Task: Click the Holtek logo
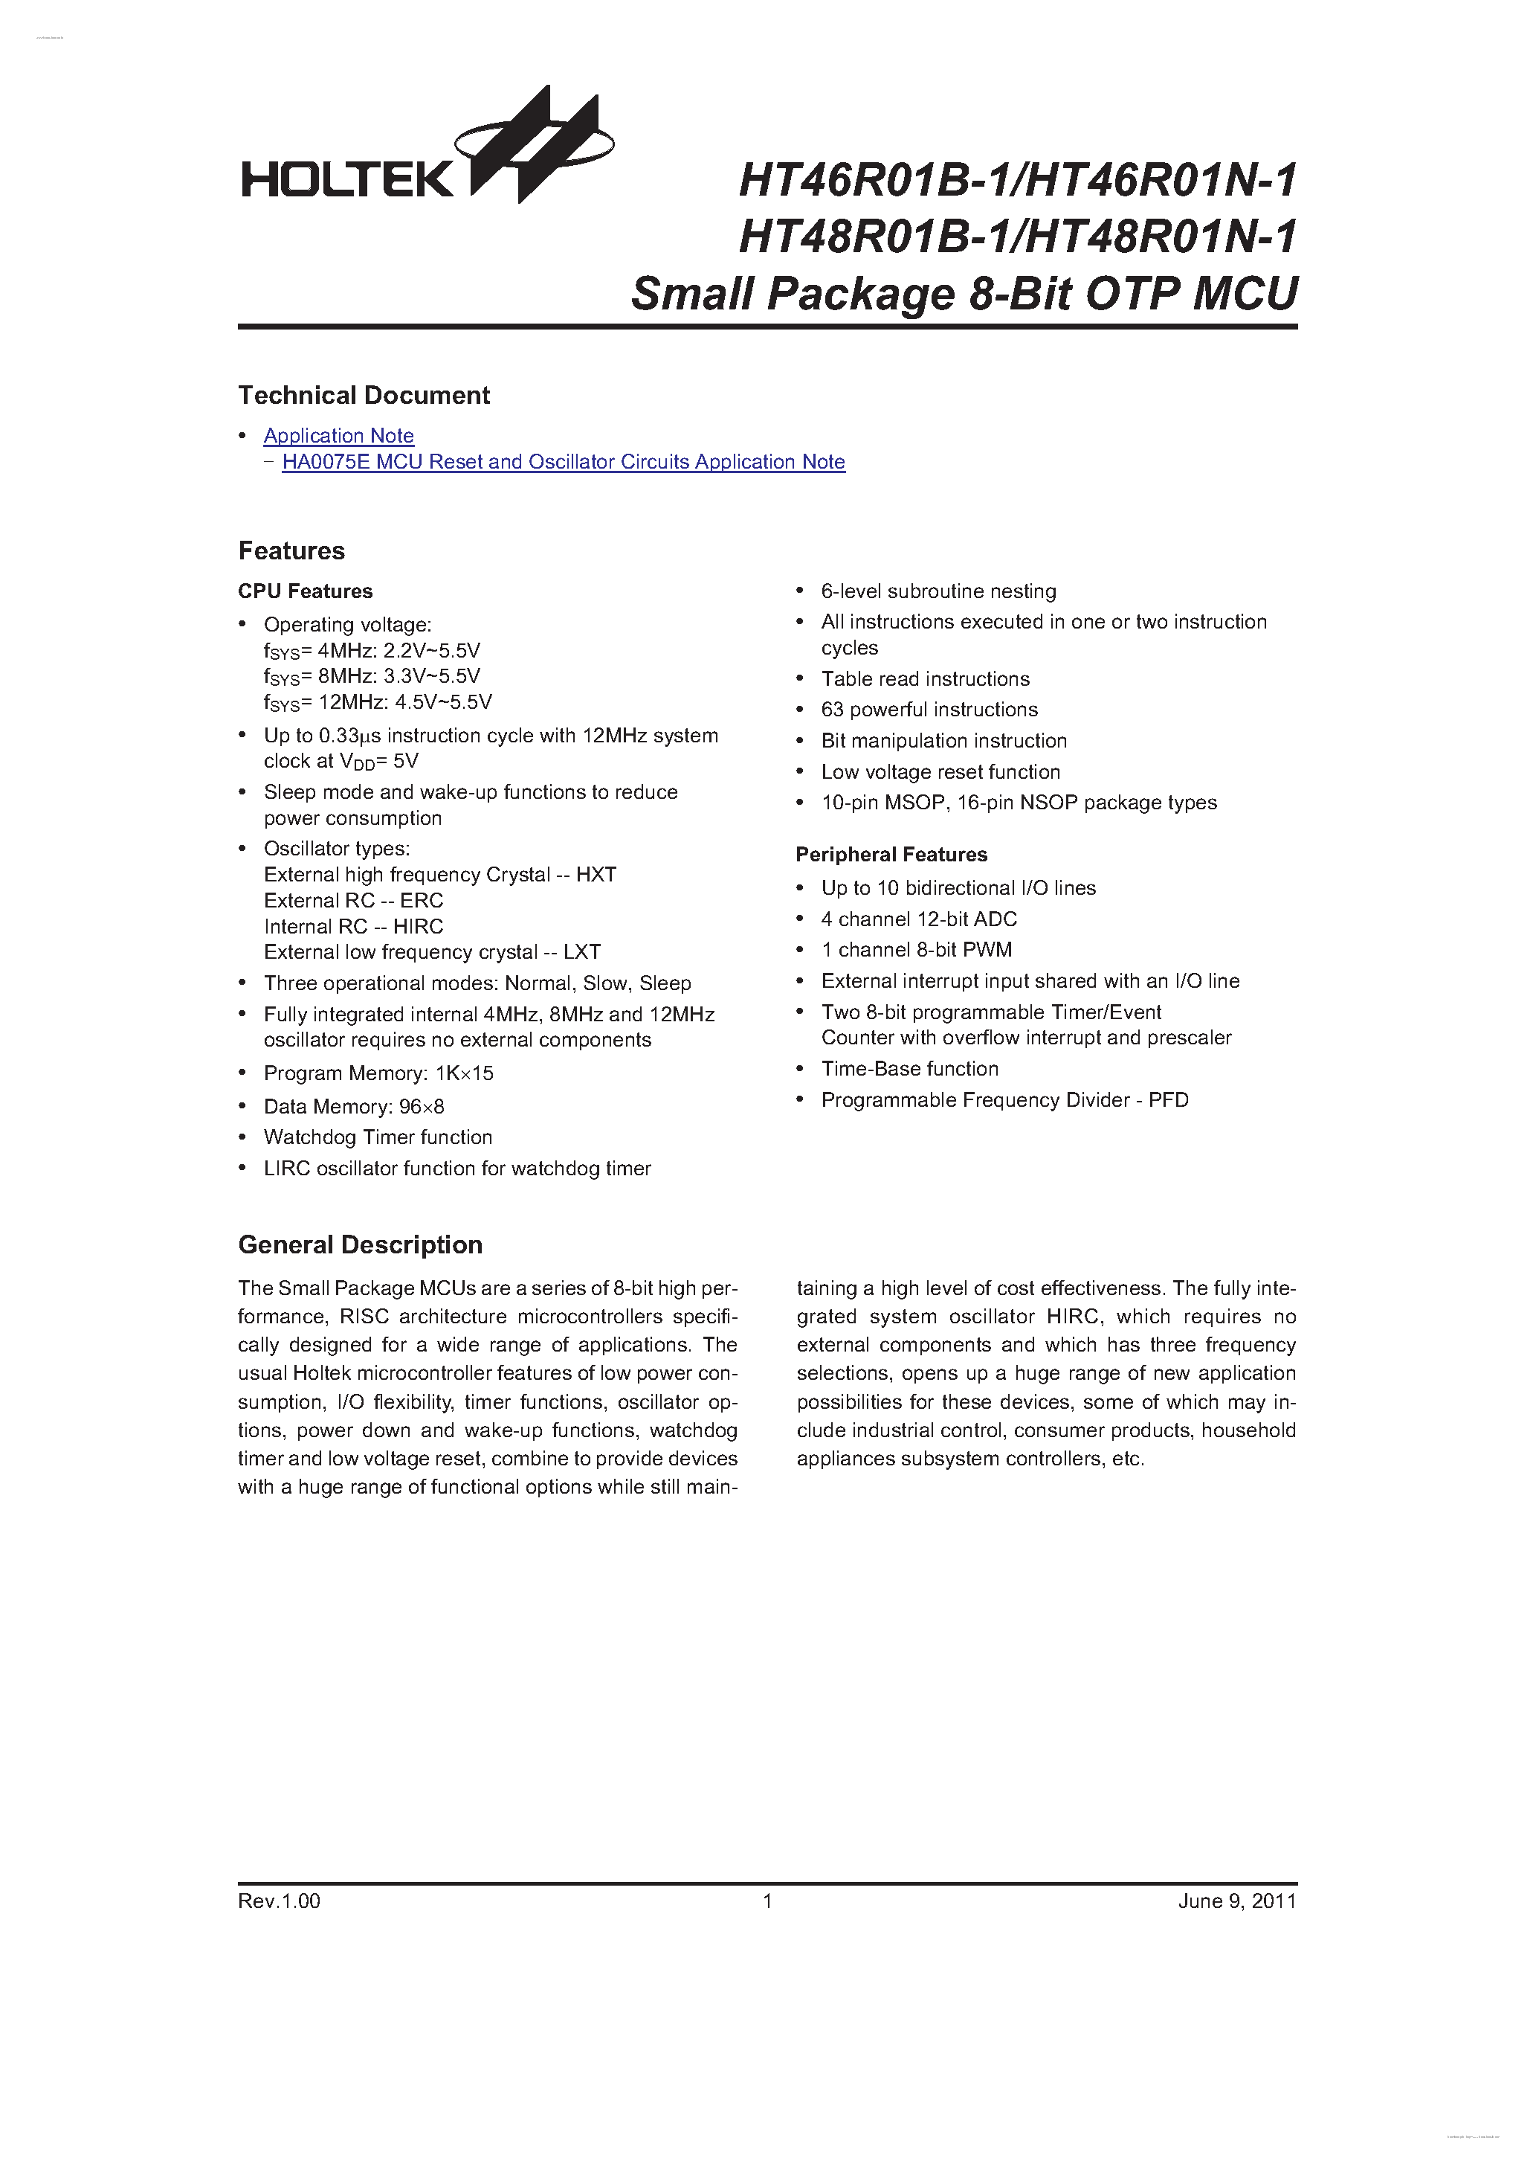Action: (426, 152)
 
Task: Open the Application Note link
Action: (338, 436)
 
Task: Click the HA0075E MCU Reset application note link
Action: (563, 462)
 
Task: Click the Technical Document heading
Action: (364, 395)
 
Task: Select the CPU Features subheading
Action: (305, 591)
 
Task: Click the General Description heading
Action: (360, 1244)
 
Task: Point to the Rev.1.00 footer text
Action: (280, 1901)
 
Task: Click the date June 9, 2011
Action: (1236, 1901)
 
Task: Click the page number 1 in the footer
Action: (768, 1901)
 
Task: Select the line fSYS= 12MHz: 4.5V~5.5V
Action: (378, 703)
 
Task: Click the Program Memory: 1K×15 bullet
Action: (378, 1073)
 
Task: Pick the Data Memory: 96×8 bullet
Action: (353, 1106)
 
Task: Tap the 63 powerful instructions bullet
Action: (929, 710)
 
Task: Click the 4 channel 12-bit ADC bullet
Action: (919, 919)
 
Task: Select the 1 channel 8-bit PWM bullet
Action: (916, 950)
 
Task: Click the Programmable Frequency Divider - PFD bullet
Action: (1004, 1100)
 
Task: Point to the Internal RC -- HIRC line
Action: (353, 927)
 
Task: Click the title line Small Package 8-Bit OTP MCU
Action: (964, 294)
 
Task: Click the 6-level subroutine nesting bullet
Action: (938, 591)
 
